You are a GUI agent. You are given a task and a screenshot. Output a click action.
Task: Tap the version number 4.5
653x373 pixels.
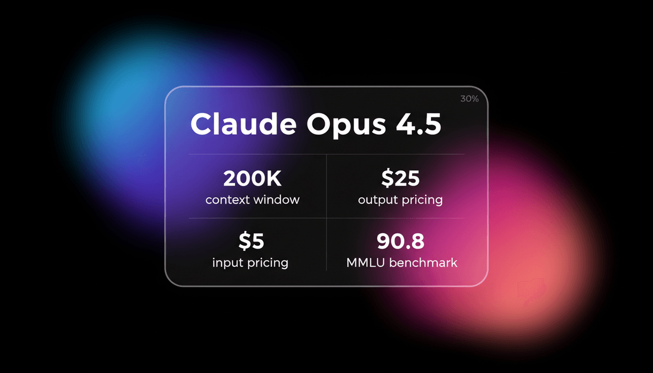coord(419,126)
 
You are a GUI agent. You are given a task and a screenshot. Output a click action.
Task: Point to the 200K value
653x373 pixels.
coord(252,179)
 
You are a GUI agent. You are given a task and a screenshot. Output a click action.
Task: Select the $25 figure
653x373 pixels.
coord(400,179)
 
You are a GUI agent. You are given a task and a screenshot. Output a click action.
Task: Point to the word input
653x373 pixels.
coord(227,263)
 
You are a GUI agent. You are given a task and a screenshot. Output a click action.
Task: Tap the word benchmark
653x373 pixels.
coord(423,263)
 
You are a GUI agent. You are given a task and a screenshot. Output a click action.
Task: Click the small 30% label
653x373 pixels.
coord(469,99)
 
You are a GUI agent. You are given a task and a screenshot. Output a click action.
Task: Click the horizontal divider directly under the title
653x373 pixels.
coord(326,154)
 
